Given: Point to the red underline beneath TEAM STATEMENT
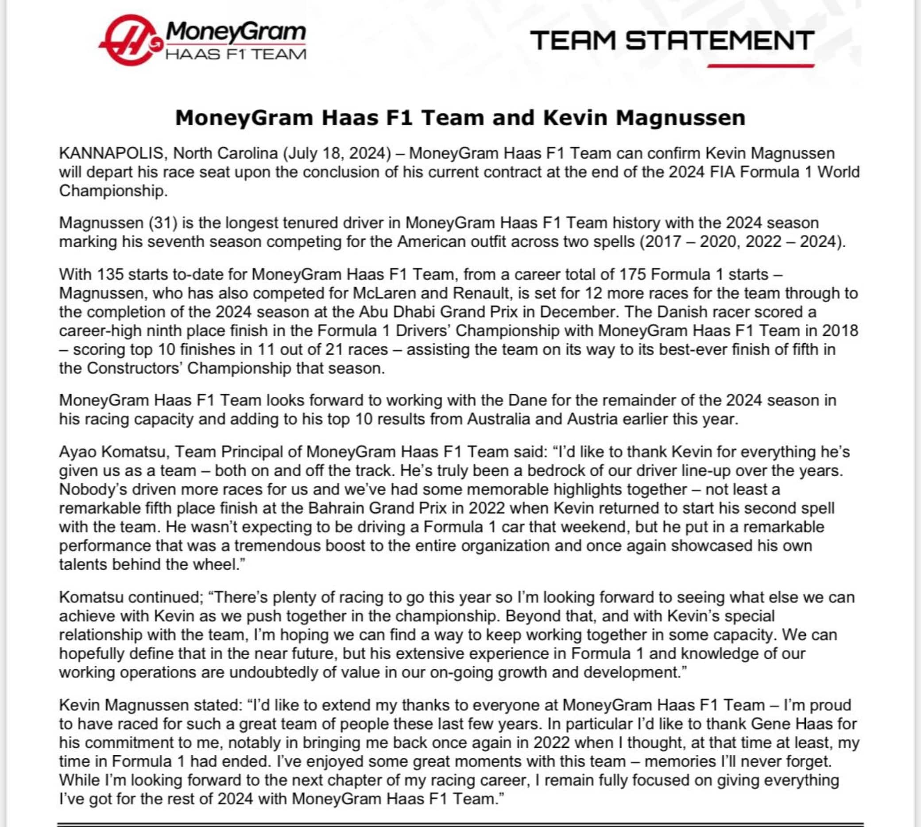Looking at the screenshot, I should tap(761, 66).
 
